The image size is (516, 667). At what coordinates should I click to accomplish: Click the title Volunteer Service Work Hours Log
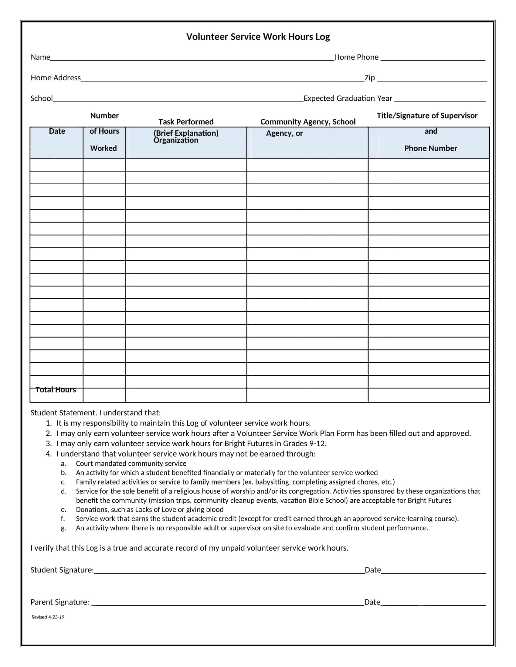point(258,37)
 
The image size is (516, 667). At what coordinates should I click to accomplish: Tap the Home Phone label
point(356,57)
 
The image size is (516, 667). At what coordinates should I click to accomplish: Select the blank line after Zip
point(432,79)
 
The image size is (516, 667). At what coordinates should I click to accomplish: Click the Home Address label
point(56,78)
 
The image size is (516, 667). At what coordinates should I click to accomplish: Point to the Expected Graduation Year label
point(348,98)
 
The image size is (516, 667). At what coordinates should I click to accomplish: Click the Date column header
point(57,131)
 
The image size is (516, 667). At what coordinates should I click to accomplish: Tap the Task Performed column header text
point(185,122)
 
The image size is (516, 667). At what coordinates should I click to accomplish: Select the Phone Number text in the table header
point(430,149)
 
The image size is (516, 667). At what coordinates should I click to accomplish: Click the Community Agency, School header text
point(307,122)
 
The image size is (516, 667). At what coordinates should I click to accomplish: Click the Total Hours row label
point(56,390)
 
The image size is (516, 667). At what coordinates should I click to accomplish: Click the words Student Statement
point(63,413)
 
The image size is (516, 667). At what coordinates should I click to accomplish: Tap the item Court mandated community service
point(131,463)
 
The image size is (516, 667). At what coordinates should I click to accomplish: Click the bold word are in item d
point(355,500)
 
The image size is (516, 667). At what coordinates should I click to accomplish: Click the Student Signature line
point(229,571)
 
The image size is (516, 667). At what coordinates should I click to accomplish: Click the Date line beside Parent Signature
point(433,603)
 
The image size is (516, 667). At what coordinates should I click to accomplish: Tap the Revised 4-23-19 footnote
point(48,617)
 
